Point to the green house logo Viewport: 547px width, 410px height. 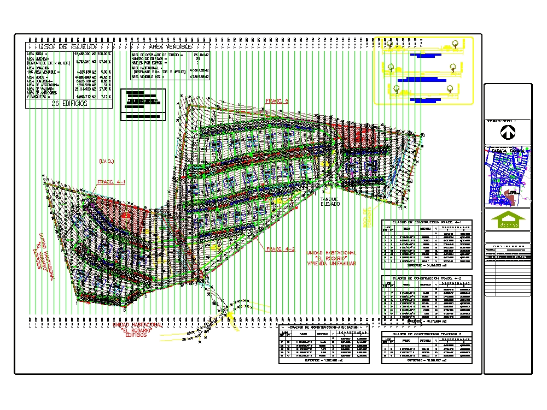click(x=508, y=221)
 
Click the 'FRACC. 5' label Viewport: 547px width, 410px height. click(x=277, y=101)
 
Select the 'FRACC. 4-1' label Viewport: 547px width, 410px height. click(x=111, y=182)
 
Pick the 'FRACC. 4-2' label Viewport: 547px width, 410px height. click(x=280, y=249)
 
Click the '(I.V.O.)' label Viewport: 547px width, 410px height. click(x=106, y=161)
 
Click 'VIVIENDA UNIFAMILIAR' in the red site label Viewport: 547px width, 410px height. click(x=331, y=264)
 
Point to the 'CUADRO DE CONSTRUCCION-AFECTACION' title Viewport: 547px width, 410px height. click(x=324, y=326)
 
